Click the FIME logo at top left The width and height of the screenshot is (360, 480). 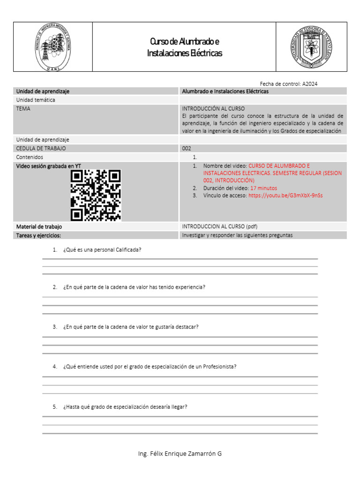pos(53,47)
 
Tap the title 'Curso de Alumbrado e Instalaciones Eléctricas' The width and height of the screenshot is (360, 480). pos(184,47)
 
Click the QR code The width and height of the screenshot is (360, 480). pos(96,195)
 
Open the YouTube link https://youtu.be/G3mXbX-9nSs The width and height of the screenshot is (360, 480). pos(285,195)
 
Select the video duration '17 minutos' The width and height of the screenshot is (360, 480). pos(263,188)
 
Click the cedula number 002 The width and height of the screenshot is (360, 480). pos(187,148)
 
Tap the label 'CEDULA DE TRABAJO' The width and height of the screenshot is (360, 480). pos(41,148)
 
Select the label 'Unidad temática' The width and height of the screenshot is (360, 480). pos(36,100)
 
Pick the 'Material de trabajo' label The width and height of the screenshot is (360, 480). pos(39,226)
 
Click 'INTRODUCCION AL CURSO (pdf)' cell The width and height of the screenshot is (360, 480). pos(219,226)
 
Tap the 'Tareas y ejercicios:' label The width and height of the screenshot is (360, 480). pos(38,235)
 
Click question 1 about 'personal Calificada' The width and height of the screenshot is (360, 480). pos(102,250)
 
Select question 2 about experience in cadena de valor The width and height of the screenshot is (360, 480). pos(134,287)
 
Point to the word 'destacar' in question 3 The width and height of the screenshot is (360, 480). pos(187,327)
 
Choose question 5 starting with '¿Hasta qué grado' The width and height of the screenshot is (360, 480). pos(125,407)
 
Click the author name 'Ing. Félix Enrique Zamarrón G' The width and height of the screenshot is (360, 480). pos(180,454)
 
